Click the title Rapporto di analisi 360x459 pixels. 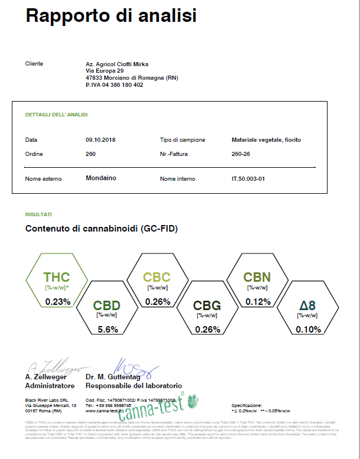(111, 17)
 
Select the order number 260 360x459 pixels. (91, 154)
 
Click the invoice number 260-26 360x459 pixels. (243, 154)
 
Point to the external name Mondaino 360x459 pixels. (101, 177)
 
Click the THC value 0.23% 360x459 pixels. (57, 301)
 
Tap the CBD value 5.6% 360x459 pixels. (107, 330)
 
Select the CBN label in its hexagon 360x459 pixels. (257, 277)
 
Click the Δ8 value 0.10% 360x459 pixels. (307, 329)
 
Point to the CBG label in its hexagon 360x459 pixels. (207, 306)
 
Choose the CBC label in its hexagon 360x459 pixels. (157, 277)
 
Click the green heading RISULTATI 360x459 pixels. (38, 214)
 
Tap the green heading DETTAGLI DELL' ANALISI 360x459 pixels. (56, 115)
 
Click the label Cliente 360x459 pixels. (34, 63)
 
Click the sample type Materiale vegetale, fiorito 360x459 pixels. (267, 140)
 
